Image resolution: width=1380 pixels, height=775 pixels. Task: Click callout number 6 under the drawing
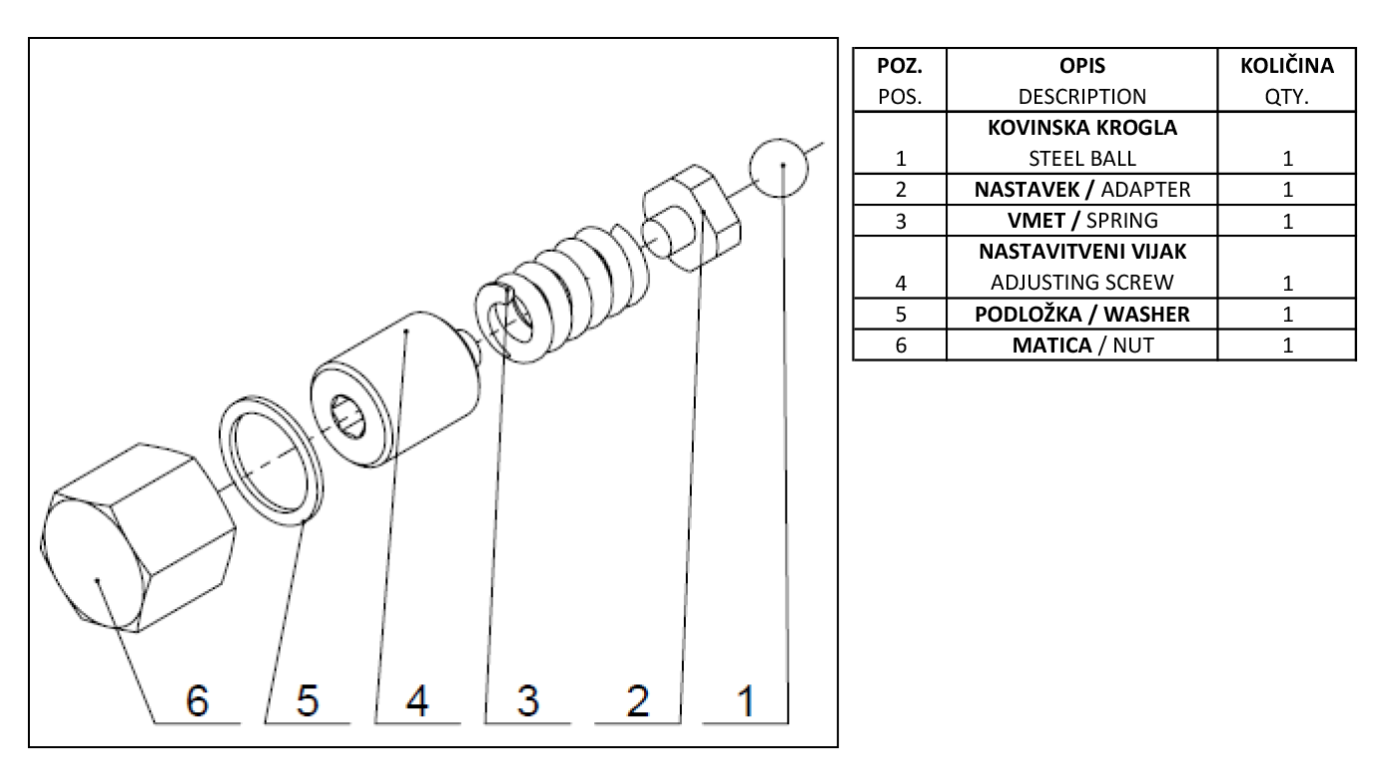coord(197,702)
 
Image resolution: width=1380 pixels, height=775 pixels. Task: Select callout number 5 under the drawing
coord(308,702)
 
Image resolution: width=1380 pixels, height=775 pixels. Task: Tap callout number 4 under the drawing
coord(417,702)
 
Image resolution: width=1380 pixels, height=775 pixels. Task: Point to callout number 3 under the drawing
coord(528,702)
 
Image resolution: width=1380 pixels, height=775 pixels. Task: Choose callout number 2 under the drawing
coord(637,702)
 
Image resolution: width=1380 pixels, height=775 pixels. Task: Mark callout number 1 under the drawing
coord(745,702)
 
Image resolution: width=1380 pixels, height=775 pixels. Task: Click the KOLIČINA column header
coord(1286,67)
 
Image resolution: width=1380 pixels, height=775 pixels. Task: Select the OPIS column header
coord(1081,67)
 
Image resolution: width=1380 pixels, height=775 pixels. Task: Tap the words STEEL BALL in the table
coord(1081,159)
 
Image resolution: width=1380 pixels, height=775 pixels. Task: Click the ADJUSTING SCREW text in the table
coord(1081,283)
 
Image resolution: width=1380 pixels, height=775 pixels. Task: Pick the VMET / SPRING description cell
coord(1081,221)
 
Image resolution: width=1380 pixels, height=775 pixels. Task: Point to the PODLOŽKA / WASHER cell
coord(1081,314)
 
